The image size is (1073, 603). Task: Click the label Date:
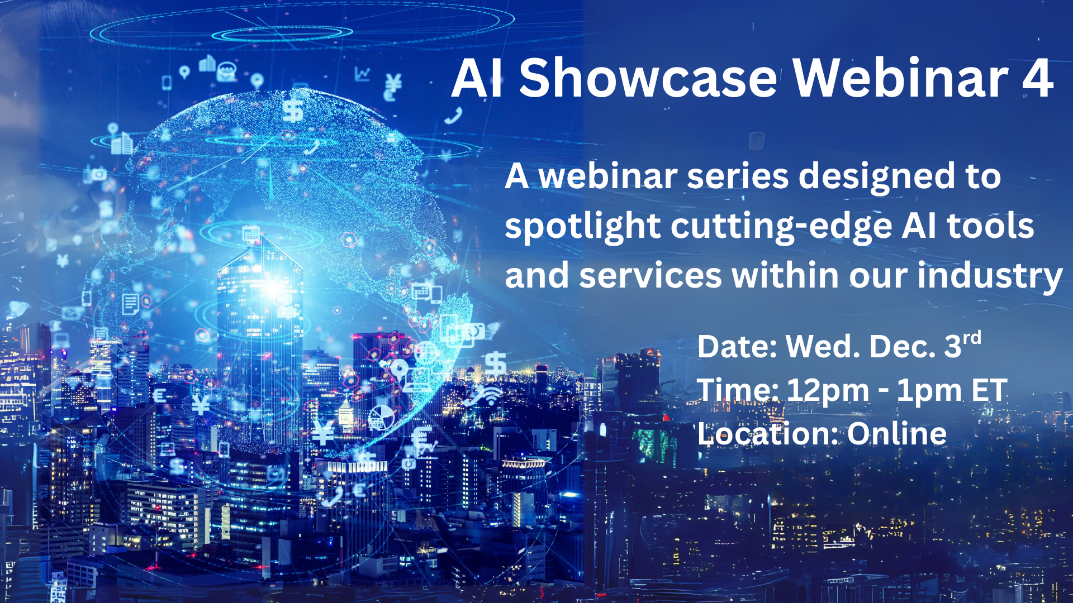tap(737, 347)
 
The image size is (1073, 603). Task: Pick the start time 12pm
tap(828, 391)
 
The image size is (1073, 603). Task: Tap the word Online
tap(896, 434)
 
